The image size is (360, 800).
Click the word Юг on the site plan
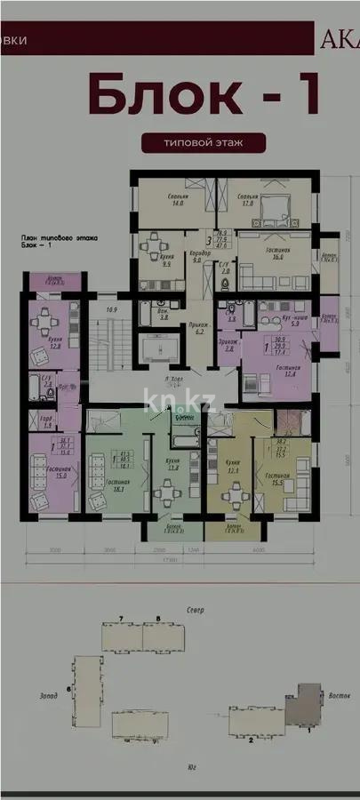tap(191, 766)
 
